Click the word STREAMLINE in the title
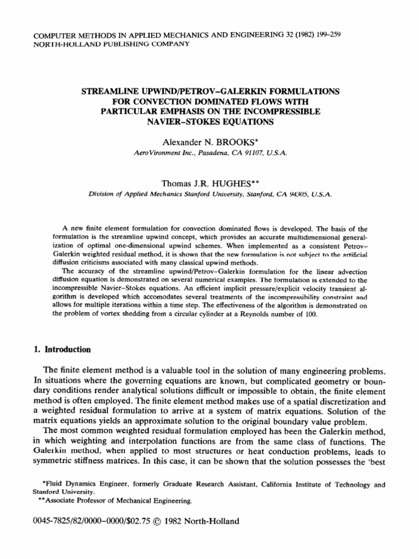point(109,90)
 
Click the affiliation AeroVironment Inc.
point(161,154)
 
